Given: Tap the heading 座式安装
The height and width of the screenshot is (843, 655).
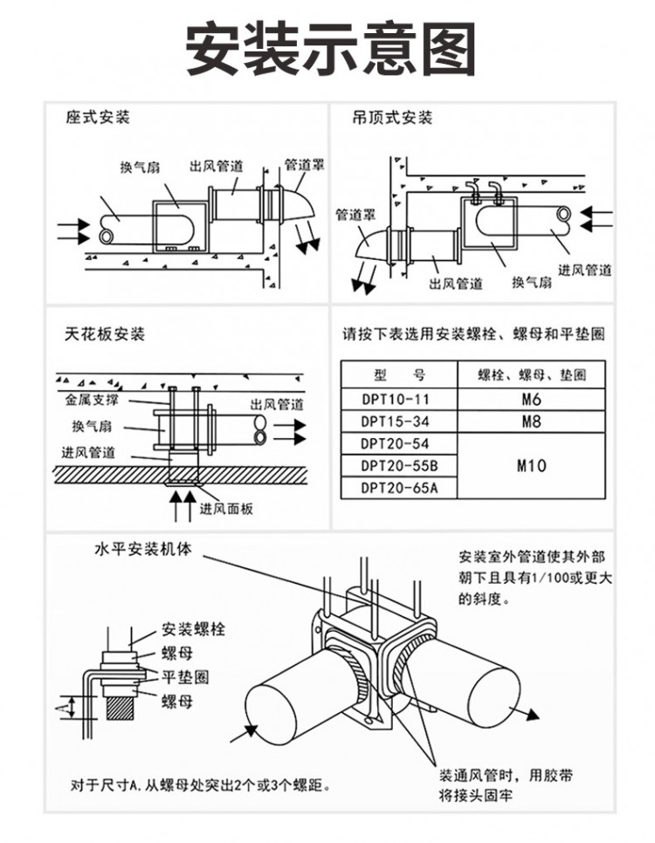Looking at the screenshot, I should (97, 118).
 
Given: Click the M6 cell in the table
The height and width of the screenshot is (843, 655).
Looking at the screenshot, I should (532, 400).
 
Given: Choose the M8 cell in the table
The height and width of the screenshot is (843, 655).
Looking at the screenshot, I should (532, 421).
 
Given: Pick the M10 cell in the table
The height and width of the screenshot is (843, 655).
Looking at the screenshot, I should (532, 466).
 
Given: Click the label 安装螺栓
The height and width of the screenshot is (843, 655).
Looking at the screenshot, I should (193, 630).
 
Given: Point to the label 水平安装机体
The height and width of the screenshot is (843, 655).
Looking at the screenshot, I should (141, 551).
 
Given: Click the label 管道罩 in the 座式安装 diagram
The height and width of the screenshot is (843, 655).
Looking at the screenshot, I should (304, 163).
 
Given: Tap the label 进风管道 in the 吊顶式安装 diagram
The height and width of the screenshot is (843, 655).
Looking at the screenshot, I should (584, 271).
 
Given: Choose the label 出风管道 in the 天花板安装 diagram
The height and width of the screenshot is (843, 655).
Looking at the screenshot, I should (277, 405).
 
